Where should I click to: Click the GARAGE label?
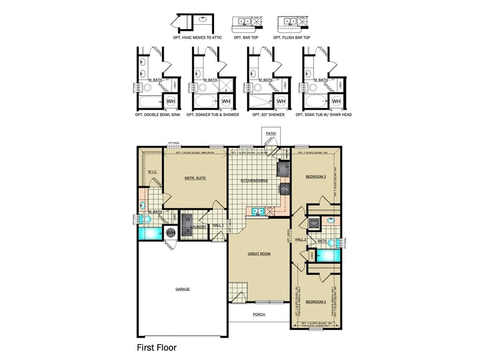coord(182,289)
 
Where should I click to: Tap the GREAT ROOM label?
coord(259,254)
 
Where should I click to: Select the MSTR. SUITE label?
coord(195,178)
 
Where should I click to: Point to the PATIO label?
coord(271,134)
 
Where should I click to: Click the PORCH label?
coord(259,314)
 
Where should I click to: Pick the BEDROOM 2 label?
coord(315,301)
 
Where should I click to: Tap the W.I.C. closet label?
coord(152,172)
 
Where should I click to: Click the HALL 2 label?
coord(300,239)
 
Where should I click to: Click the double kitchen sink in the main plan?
coord(257,211)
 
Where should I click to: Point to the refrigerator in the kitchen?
coord(283,168)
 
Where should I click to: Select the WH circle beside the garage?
coord(171,232)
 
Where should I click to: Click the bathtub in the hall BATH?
coord(326,255)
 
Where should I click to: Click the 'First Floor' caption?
coord(156,348)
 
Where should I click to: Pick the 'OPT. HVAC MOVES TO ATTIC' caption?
coord(196,37)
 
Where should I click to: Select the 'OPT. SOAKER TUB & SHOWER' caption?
coord(212,114)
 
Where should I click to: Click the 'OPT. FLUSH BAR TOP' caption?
coord(292,37)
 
